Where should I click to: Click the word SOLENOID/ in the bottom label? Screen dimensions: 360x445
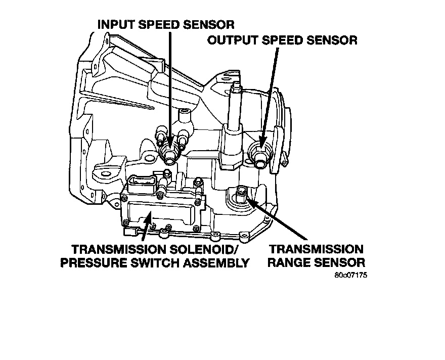click(211, 250)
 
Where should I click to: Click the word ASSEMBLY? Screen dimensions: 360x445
click(221, 263)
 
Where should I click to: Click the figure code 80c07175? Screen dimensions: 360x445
click(351, 276)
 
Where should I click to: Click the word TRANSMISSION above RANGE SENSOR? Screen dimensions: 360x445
click(316, 250)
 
